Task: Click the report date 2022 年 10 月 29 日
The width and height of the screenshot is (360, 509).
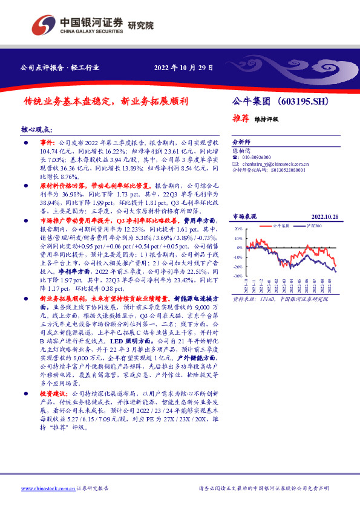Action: coord(183,67)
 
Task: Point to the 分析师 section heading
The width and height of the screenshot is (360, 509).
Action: coord(241,138)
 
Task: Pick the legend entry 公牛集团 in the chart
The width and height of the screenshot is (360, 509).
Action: coord(282,225)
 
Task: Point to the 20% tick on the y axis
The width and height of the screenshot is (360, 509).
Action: coord(238,230)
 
